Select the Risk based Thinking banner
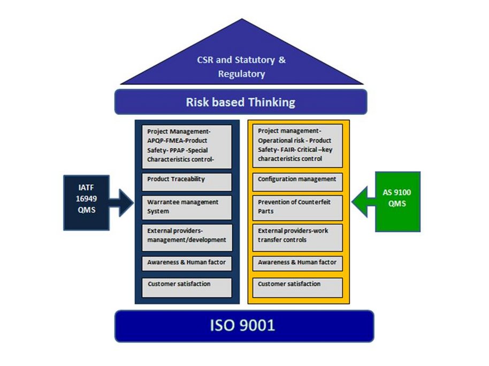tap(241, 102)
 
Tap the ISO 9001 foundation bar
tap(244, 325)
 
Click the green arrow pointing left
tap(363, 201)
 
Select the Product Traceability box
tap(187, 182)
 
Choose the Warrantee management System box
tap(187, 207)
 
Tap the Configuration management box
tap(297, 182)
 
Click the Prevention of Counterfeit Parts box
tap(297, 207)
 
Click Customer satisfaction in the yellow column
tap(297, 287)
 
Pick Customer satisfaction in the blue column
tap(187, 287)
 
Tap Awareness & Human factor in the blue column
tap(187, 263)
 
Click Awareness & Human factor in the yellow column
tap(297, 263)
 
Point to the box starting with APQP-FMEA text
tap(187, 146)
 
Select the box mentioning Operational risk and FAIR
tap(297, 146)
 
